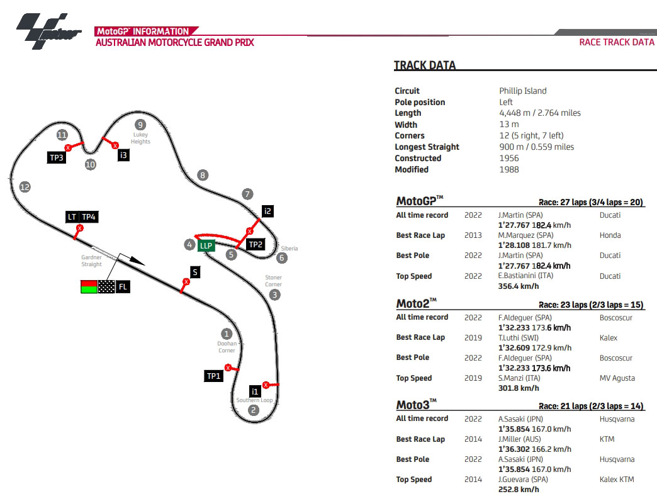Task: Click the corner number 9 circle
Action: [x=140, y=125]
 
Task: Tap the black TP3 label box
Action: [x=57, y=157]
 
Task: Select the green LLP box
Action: [x=206, y=245]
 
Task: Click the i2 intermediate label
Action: [x=268, y=211]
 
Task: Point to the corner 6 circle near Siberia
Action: [x=282, y=257]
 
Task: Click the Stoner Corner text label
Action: [x=274, y=281]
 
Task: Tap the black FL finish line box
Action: [x=123, y=287]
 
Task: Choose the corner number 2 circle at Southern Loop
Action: [x=253, y=410]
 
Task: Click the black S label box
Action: [x=196, y=272]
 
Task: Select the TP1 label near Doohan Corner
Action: [x=214, y=376]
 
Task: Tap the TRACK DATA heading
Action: [x=425, y=65]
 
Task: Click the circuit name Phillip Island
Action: [x=523, y=91]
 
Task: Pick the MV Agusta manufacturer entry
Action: [x=617, y=378]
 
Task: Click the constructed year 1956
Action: [x=508, y=158]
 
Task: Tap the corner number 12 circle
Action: [x=25, y=187]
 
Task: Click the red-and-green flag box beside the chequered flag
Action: [x=89, y=287]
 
